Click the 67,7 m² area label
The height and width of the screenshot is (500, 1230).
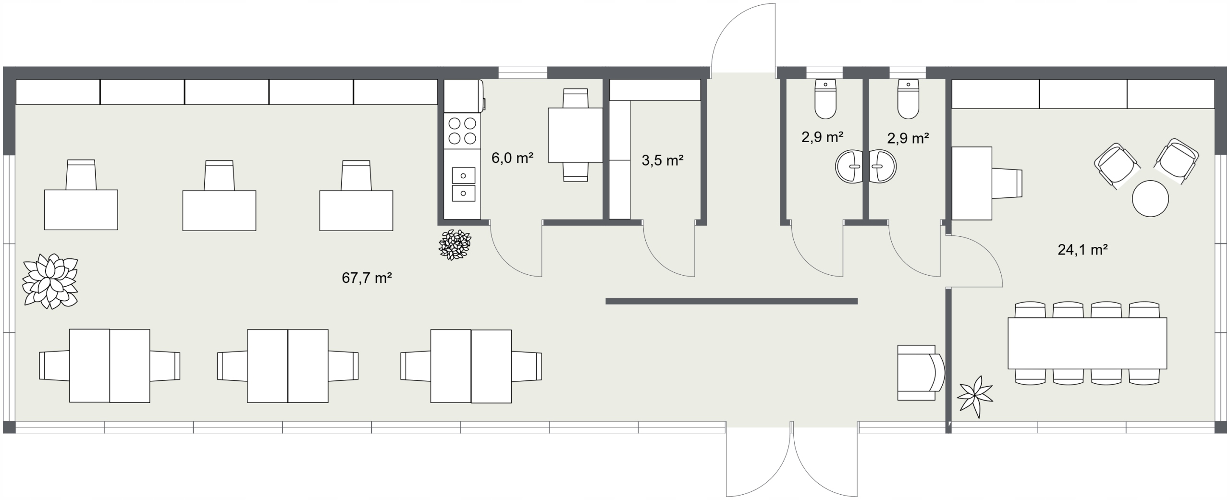pyautogui.click(x=367, y=278)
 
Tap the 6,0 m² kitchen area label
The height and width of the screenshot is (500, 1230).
pyautogui.click(x=512, y=158)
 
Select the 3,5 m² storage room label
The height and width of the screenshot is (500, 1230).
pyautogui.click(x=662, y=160)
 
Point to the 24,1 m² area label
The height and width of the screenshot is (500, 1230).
pyautogui.click(x=1082, y=249)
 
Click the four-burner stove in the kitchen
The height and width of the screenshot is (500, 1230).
pyautogui.click(x=462, y=131)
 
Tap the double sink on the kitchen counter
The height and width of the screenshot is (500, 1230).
pyautogui.click(x=463, y=184)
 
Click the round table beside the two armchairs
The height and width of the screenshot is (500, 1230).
pyautogui.click(x=1150, y=198)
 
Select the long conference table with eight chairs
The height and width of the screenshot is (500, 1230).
pyautogui.click(x=1087, y=343)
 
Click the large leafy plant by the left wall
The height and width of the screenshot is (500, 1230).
pyautogui.click(x=50, y=281)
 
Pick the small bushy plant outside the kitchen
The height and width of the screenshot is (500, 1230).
pyautogui.click(x=455, y=244)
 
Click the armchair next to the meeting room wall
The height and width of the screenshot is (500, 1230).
pyautogui.click(x=921, y=372)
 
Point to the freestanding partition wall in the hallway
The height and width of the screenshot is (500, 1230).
pyautogui.click(x=731, y=301)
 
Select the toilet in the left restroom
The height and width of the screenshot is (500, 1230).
pyautogui.click(x=825, y=99)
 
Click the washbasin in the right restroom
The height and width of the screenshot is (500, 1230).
pyautogui.click(x=882, y=166)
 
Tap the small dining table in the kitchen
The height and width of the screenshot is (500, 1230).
pyautogui.click(x=575, y=135)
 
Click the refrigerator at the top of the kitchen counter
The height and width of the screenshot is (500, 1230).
pyautogui.click(x=464, y=96)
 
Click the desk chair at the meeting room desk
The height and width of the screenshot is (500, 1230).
pyautogui.click(x=1006, y=183)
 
